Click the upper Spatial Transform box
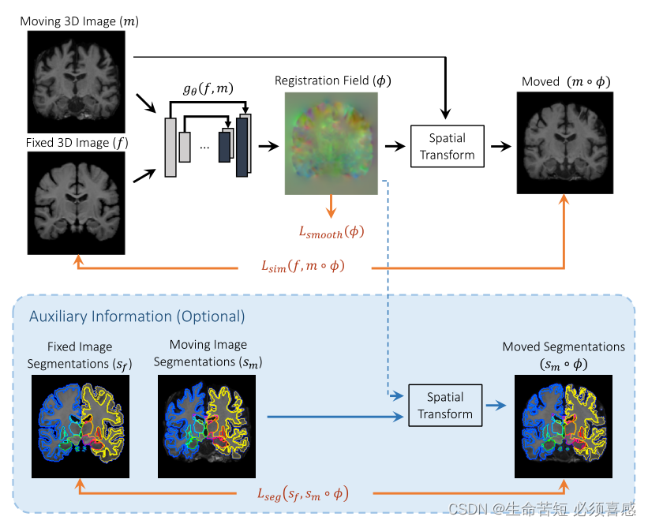pos(447,146)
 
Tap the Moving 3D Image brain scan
pos(76,81)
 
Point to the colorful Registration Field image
pos(331,143)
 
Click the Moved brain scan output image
pos(565,143)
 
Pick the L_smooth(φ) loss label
pos(331,232)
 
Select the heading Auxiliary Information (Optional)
pos(137,316)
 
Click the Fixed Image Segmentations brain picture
pos(81,426)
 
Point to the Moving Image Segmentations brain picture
pos(207,426)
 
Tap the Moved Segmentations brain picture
pos(564,426)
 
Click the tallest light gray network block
pos(170,147)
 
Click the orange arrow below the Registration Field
pos(331,207)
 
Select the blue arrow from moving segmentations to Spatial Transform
pos(331,416)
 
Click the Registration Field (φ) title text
pos(332,81)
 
